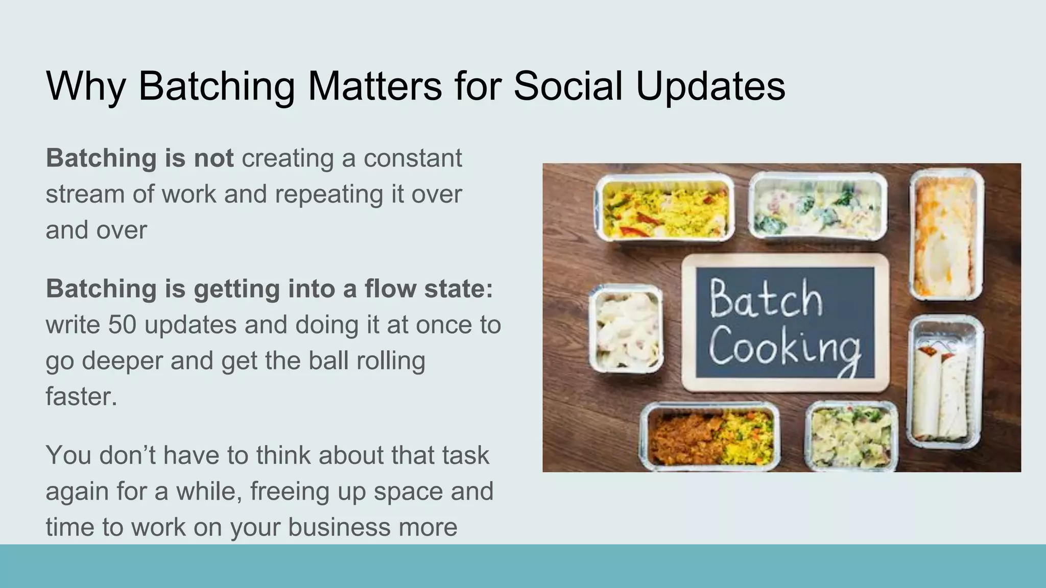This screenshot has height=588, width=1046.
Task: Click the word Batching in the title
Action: click(x=216, y=86)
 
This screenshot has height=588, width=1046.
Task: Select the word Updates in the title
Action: click(x=710, y=86)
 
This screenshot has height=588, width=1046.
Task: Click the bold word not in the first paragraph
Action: click(x=213, y=158)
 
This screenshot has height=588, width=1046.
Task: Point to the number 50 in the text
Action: click(x=122, y=325)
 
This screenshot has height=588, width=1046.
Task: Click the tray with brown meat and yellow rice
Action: click(x=710, y=436)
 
